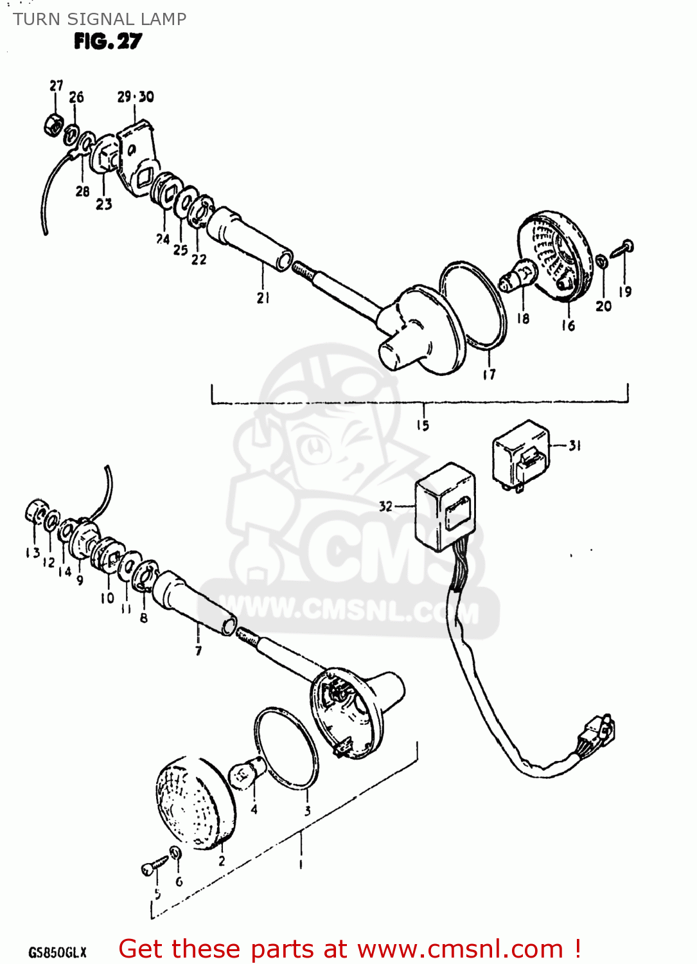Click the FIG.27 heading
107,42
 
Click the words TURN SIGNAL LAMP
100,19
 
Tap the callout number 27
57,85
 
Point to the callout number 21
263,298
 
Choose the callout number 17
489,374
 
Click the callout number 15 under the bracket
422,425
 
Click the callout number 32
385,506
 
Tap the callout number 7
199,650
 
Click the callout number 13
33,553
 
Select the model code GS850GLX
57,952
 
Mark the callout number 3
308,811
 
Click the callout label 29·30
136,97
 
